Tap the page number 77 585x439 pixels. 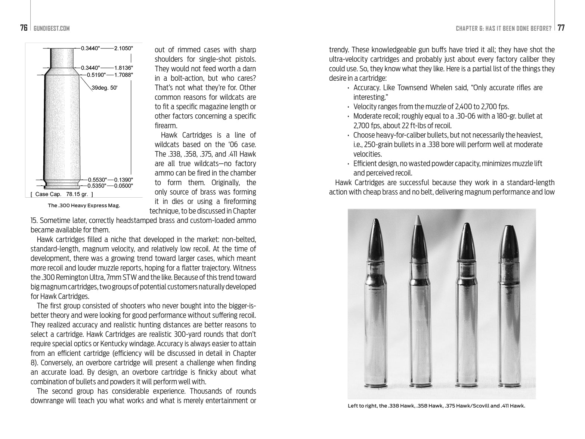561,28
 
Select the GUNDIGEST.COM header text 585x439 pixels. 52,28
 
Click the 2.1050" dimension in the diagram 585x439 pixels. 124,48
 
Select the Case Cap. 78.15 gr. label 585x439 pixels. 62,194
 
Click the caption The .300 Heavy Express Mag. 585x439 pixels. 84,205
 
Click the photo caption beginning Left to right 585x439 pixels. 436,406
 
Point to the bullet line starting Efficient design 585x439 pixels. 448,164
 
